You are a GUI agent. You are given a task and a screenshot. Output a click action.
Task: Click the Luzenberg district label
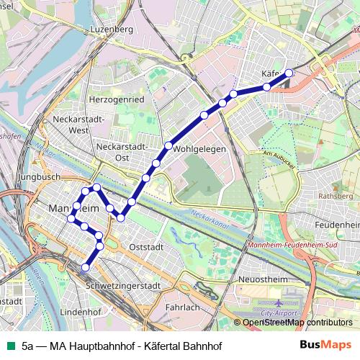click(x=112, y=30)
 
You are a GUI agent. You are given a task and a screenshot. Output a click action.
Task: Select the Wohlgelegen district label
click(x=199, y=149)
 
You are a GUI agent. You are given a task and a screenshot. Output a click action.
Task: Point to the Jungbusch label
click(x=41, y=176)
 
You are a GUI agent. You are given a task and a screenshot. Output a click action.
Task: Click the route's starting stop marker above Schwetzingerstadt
click(x=85, y=267)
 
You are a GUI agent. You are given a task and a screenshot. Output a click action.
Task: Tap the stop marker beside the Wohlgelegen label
click(x=168, y=146)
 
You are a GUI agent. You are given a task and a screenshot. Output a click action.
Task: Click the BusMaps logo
click(x=326, y=344)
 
